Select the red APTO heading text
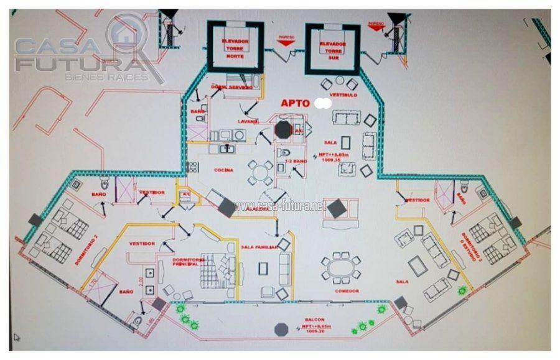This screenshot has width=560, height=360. point(295,103)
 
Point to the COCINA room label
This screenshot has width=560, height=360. point(224,170)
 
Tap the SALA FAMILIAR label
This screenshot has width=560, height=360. point(259,247)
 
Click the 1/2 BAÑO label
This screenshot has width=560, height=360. point(293,161)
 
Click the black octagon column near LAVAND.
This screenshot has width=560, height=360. point(283,130)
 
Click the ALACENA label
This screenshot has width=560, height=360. point(256,210)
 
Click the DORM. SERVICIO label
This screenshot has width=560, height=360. point(232,88)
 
